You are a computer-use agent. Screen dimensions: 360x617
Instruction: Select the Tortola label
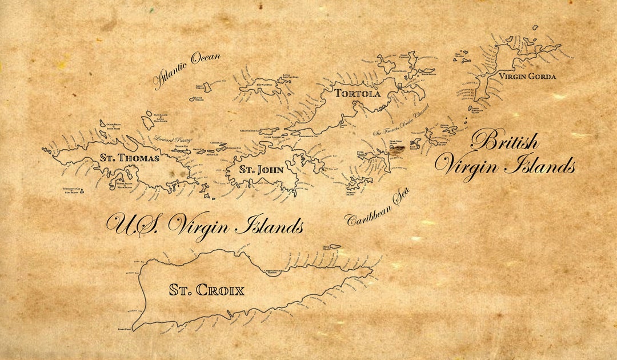pos(357,93)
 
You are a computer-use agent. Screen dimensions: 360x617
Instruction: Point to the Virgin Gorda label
pos(527,76)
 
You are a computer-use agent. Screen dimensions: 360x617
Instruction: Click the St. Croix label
pos(206,290)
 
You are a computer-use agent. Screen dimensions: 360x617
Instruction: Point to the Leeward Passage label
pos(173,139)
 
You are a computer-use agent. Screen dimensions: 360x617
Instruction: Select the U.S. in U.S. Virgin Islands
pos(134,225)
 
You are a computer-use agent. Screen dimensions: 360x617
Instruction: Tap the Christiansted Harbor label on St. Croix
pos(277,272)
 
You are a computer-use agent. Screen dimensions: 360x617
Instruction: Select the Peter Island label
pos(361,153)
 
